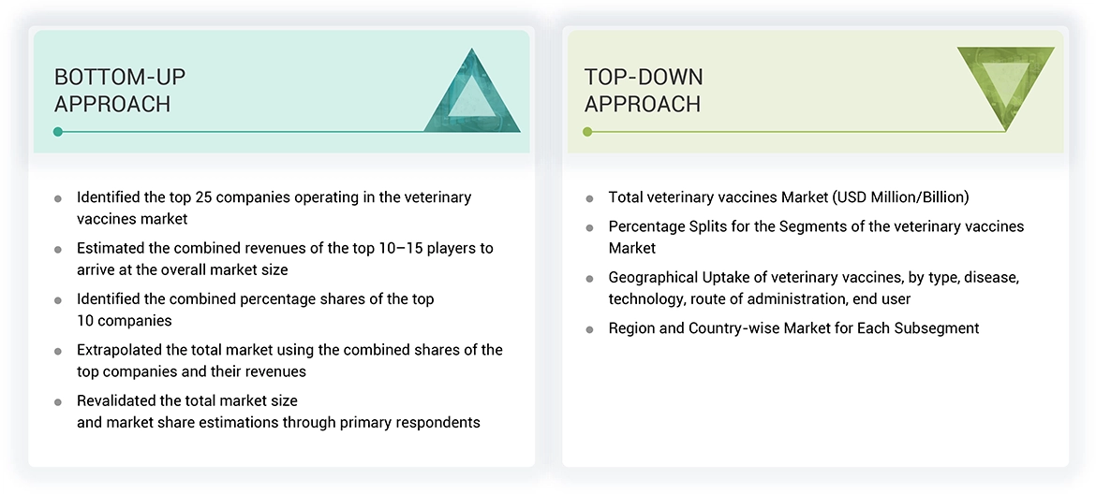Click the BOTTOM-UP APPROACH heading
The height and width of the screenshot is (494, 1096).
112,91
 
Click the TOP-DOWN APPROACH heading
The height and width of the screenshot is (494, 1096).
644,91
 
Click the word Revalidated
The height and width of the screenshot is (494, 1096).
118,400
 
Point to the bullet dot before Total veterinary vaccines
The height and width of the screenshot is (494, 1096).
589,198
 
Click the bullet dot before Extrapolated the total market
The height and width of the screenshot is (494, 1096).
58,351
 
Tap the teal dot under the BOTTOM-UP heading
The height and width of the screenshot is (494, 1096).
58,132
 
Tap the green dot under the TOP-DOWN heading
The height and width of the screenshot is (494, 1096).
587,132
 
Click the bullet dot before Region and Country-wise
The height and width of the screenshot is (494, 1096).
589,329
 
